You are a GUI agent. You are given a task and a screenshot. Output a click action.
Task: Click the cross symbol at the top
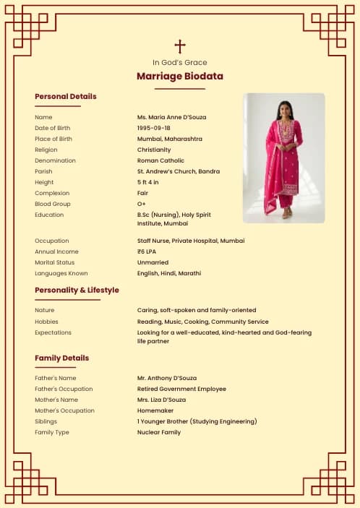[180, 46]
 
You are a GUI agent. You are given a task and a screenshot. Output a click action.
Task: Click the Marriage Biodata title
[180, 76]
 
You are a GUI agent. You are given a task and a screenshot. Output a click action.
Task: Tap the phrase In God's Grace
[180, 62]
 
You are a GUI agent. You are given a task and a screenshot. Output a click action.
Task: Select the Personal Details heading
[65, 96]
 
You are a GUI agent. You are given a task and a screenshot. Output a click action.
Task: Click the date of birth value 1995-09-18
[154, 128]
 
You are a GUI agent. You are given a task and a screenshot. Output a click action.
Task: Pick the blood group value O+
[142, 204]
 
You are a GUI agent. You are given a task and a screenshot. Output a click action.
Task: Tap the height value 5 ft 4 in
[148, 182]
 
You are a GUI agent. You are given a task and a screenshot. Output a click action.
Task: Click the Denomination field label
[55, 160]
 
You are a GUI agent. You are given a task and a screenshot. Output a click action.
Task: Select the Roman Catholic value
[160, 160]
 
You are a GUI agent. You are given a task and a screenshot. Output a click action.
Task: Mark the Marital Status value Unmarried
[153, 262]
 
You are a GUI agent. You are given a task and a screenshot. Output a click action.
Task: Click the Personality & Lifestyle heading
[77, 290]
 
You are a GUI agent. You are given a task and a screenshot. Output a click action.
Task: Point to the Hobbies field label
[46, 322]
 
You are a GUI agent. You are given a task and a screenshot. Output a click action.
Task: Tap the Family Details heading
[62, 358]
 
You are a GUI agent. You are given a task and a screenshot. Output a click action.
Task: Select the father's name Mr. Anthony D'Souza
[166, 378]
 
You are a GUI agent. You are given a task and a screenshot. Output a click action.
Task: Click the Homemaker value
[155, 410]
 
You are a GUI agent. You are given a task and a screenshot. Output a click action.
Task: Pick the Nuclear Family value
[159, 432]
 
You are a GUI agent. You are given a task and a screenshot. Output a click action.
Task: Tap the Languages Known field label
[61, 273]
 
